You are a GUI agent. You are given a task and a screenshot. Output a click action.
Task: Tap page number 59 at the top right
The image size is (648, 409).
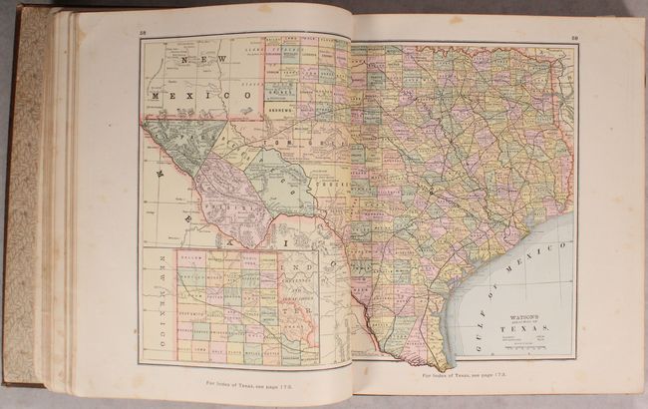576,39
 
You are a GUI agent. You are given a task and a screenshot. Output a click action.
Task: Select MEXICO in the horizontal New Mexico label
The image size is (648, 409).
204,95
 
